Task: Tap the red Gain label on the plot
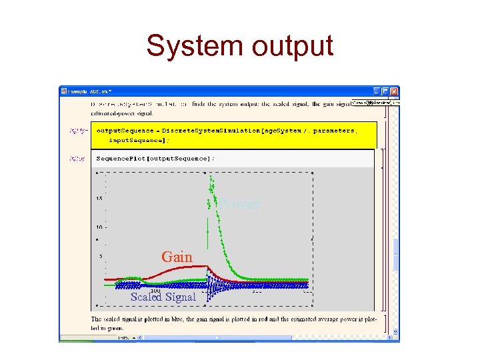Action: tap(177, 257)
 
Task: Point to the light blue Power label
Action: tap(240, 205)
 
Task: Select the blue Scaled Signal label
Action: tap(163, 297)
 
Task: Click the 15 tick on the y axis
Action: tap(99, 199)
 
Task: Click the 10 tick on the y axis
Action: tap(99, 227)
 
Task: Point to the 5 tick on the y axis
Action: tap(100, 256)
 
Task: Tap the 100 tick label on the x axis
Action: tap(155, 290)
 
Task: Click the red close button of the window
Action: tap(394, 91)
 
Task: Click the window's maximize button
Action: tap(385, 91)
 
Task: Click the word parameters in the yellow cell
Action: tap(329, 131)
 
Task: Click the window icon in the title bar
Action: tap(64, 91)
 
